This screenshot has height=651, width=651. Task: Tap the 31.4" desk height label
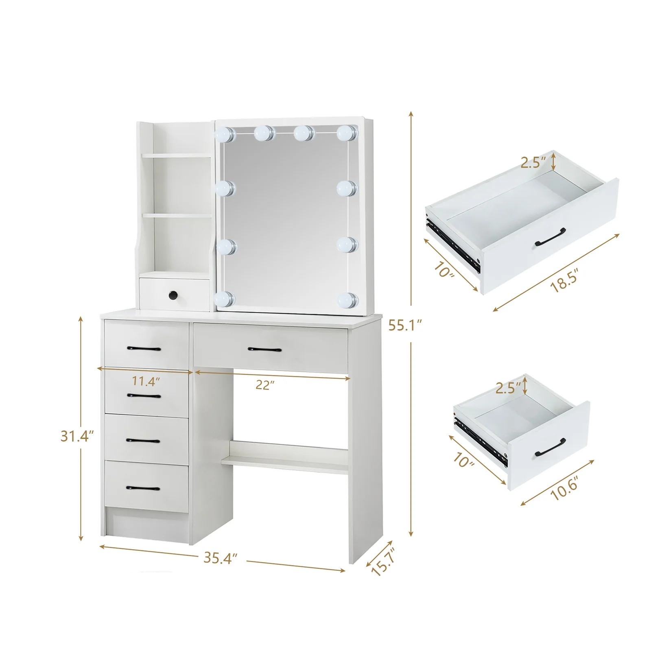click(77, 436)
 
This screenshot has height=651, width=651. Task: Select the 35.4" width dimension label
click(221, 558)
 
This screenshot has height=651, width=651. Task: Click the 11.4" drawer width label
click(146, 381)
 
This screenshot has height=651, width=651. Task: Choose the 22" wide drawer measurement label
click(265, 384)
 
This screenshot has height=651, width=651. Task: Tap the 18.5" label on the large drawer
click(564, 281)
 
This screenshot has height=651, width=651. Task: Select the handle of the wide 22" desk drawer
click(265, 349)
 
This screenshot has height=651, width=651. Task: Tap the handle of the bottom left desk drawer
click(143, 488)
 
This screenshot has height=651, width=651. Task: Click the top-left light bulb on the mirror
click(225, 134)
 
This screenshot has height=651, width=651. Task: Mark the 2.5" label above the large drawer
click(533, 162)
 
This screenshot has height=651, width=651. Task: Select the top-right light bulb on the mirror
click(347, 131)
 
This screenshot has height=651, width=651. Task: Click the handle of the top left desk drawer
click(144, 348)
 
